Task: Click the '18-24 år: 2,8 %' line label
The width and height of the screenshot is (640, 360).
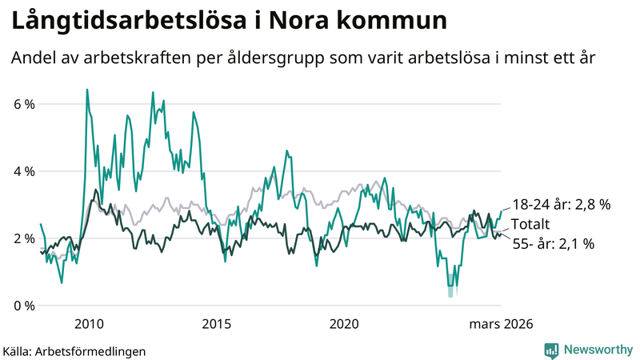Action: (x=561, y=205)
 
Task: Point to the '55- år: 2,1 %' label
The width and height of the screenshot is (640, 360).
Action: (x=554, y=244)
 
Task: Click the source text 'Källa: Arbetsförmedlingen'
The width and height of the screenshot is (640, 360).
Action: (x=74, y=350)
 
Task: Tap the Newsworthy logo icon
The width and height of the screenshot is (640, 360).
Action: (x=551, y=350)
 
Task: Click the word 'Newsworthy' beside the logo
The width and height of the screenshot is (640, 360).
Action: (x=598, y=350)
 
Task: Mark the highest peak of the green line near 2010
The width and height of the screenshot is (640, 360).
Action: (x=86, y=90)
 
